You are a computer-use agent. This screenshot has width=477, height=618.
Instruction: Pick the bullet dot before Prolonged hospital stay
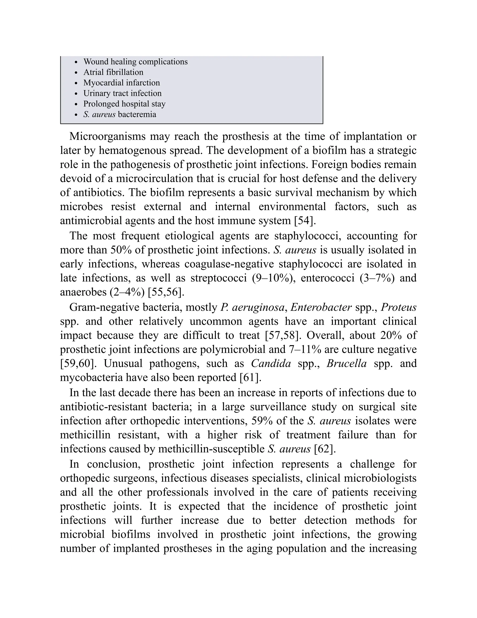[75, 104]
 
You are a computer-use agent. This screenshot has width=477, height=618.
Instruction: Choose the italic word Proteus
[399, 307]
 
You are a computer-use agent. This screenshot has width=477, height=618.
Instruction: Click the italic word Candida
[271, 363]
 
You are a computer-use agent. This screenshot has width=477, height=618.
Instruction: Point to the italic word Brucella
[346, 363]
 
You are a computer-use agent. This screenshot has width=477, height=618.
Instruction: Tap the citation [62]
[325, 449]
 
